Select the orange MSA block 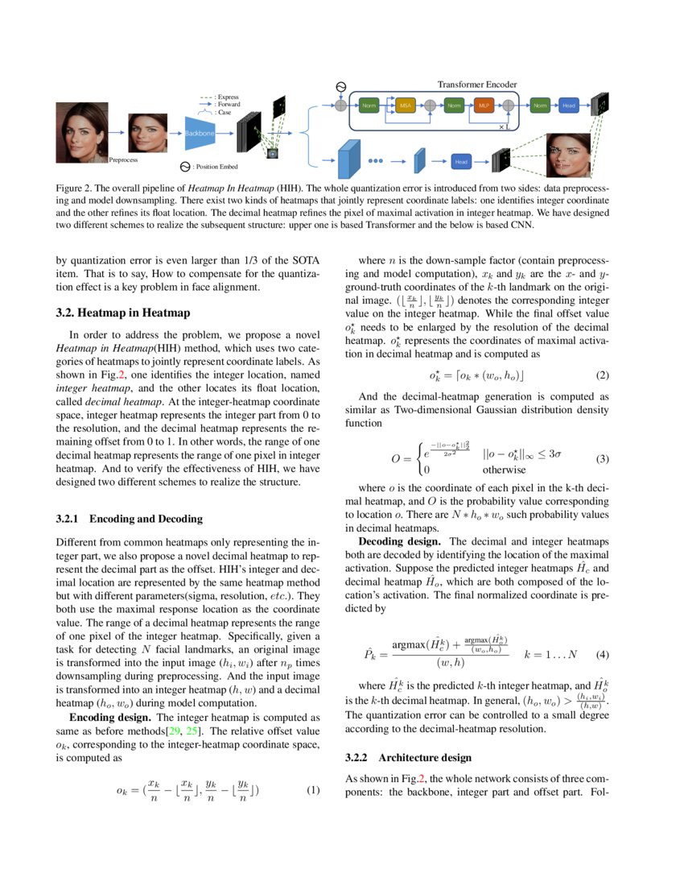407,106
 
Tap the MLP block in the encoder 483,106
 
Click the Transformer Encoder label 476,85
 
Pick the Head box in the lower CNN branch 461,161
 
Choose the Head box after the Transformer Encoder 568,106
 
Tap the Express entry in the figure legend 226,97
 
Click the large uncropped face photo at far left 81,131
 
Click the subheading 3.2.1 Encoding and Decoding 129,519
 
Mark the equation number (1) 314,790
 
